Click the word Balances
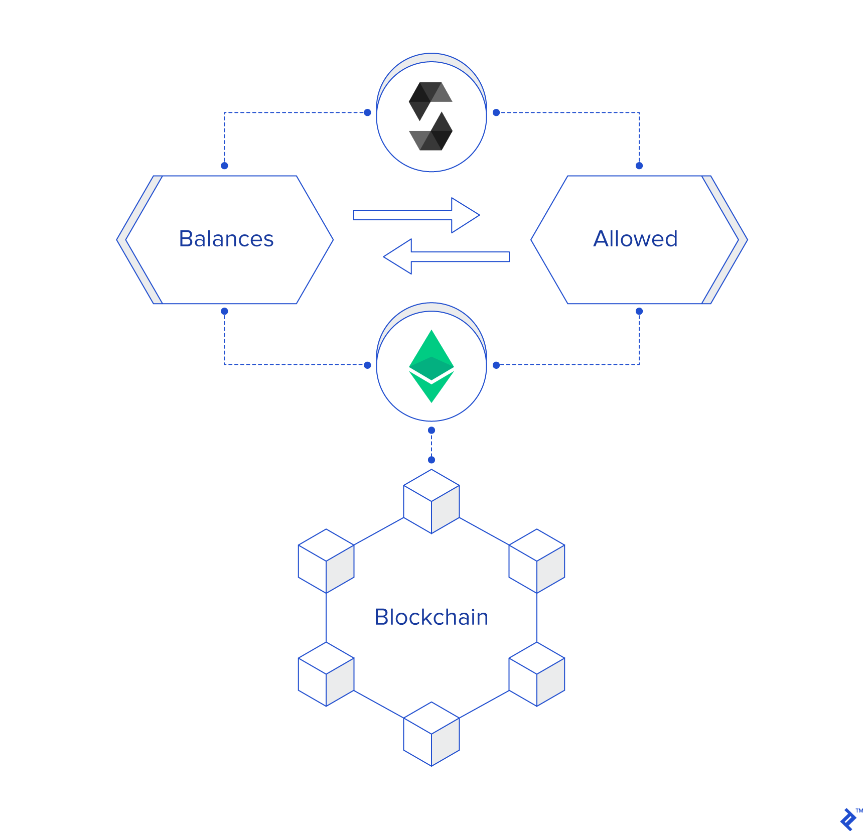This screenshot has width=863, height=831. pyautogui.click(x=226, y=239)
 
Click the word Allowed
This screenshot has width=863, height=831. pyautogui.click(x=635, y=239)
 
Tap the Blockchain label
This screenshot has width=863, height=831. pyautogui.click(x=431, y=617)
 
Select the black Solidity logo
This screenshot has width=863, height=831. pyautogui.click(x=431, y=116)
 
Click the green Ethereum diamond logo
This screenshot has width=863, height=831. pyautogui.click(x=431, y=366)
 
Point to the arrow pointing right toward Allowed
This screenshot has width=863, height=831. pyautogui.click(x=416, y=215)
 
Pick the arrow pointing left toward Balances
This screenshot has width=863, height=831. pyautogui.click(x=446, y=256)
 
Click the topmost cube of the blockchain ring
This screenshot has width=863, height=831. pyautogui.click(x=431, y=501)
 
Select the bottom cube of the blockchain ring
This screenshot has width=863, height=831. pyautogui.click(x=431, y=734)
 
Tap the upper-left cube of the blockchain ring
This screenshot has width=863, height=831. pyautogui.click(x=326, y=561)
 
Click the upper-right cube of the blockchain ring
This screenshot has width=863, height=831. pyautogui.click(x=537, y=561)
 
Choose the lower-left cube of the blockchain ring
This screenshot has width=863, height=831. pyautogui.click(x=326, y=674)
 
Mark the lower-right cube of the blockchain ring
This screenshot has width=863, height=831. pyautogui.click(x=537, y=674)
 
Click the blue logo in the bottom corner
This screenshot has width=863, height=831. pyautogui.click(x=848, y=819)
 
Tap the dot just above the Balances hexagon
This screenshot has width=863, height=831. pyautogui.click(x=224, y=166)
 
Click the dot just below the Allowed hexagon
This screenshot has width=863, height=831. pyautogui.click(x=639, y=311)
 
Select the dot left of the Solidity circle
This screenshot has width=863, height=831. pyautogui.click(x=367, y=112)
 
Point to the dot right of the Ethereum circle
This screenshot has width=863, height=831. pyautogui.click(x=496, y=365)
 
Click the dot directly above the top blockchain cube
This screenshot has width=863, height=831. pyautogui.click(x=431, y=460)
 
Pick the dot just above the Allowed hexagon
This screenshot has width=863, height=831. pyautogui.click(x=639, y=166)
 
